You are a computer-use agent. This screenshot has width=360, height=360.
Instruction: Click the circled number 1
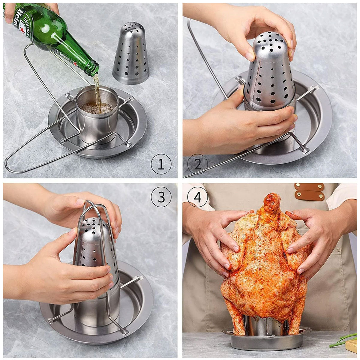(x=161, y=164)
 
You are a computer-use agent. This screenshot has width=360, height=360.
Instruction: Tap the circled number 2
(x=198, y=164)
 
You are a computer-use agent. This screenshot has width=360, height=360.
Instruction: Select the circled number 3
(x=161, y=197)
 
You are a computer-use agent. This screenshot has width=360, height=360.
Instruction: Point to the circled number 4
(x=198, y=197)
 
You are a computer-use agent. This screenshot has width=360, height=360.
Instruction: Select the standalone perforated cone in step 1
(x=130, y=54)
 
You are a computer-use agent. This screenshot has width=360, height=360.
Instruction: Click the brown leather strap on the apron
(x=309, y=192)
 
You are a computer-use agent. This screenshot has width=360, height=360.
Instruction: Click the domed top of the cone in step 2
(x=268, y=40)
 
